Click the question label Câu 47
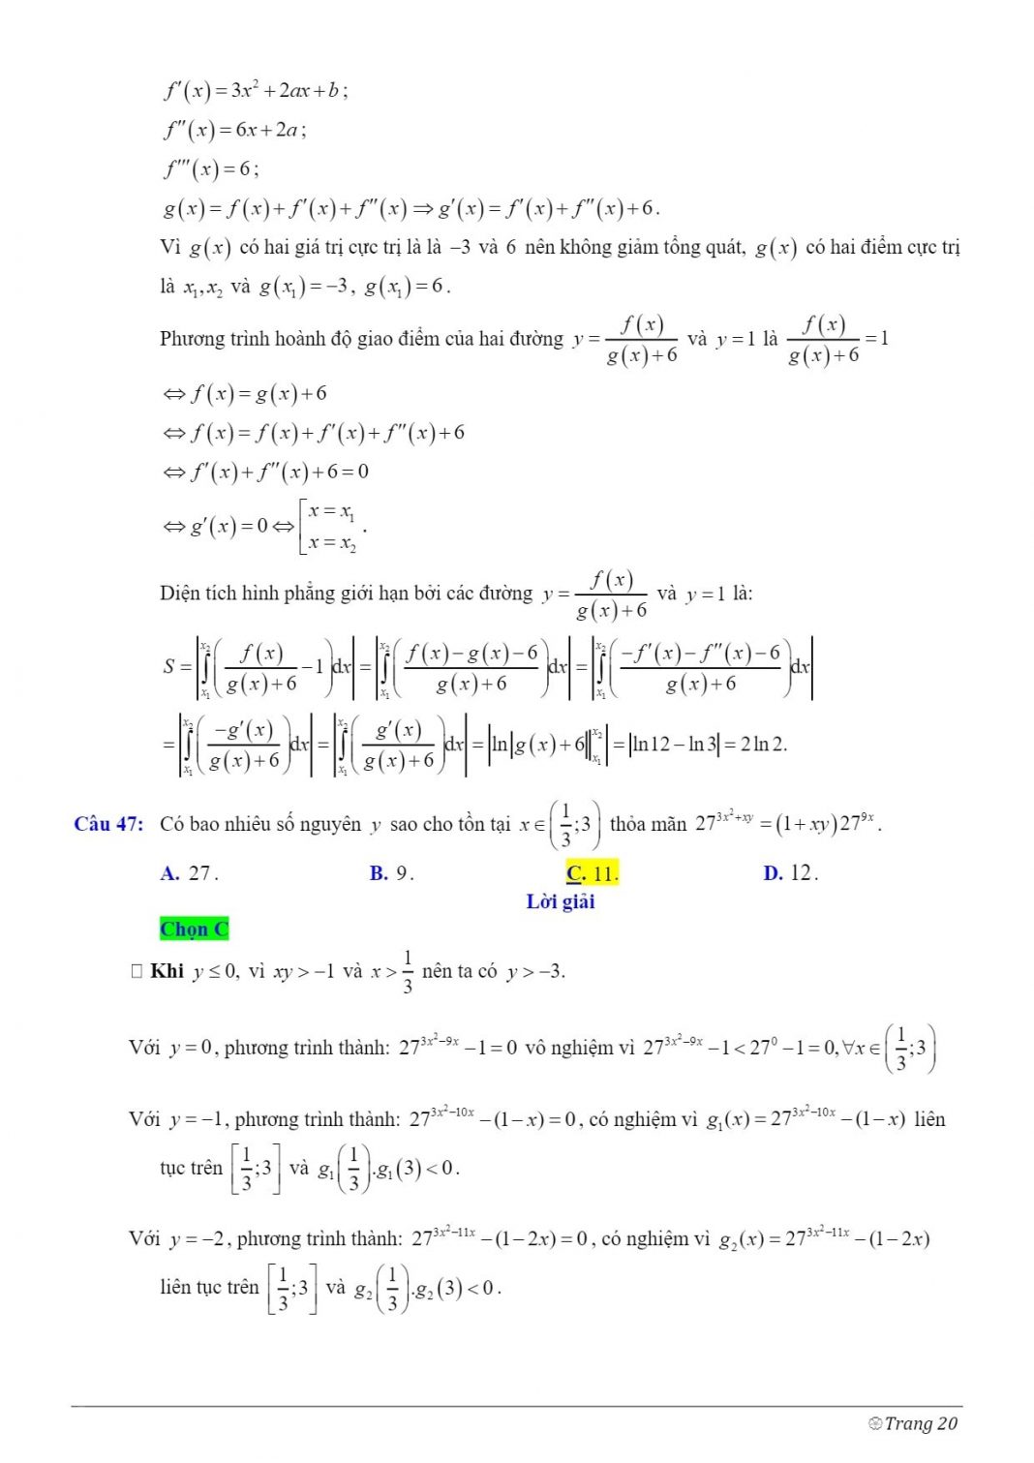(x=108, y=824)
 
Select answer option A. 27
(x=190, y=873)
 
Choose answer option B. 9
(x=391, y=873)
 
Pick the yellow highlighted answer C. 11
(x=592, y=873)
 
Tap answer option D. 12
(x=790, y=873)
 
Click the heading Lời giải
(x=561, y=902)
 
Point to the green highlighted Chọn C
(x=194, y=930)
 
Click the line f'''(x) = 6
(x=211, y=169)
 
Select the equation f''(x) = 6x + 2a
(x=234, y=130)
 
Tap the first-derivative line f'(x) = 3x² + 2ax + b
(x=256, y=91)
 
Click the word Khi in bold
(x=167, y=971)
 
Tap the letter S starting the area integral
(x=169, y=666)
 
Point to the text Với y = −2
(x=176, y=1238)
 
